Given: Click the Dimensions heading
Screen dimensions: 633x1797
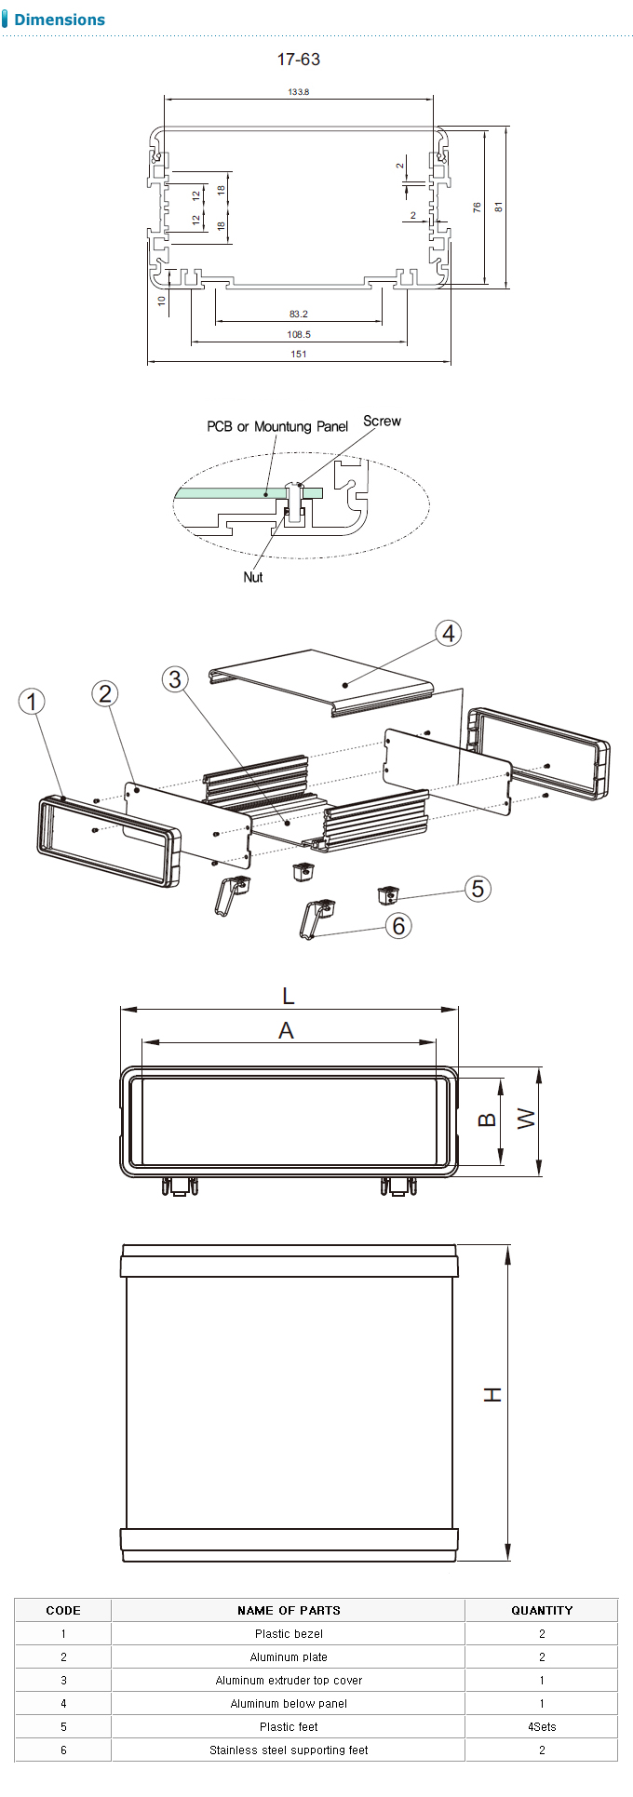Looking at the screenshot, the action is [x=60, y=20].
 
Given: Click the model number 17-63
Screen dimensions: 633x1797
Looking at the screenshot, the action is [x=299, y=60].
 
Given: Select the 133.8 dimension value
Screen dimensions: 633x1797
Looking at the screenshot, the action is [x=299, y=91].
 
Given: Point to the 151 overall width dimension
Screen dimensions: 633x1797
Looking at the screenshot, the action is [x=299, y=354].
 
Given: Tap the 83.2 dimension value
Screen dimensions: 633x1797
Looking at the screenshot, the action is [x=299, y=314].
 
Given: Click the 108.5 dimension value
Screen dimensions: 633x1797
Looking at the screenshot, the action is [x=299, y=334].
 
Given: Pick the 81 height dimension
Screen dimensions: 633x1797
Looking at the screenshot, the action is [x=499, y=207].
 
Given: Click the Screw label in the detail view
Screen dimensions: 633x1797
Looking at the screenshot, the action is [x=382, y=421].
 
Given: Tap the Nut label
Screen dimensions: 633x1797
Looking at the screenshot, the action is [x=253, y=577].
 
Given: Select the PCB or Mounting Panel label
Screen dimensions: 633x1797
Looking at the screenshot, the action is [x=277, y=426].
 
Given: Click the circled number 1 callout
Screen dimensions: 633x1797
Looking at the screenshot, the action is [x=33, y=702].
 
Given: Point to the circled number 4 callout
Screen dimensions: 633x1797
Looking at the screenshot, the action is [x=449, y=634].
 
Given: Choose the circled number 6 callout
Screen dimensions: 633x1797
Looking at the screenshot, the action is [x=398, y=926].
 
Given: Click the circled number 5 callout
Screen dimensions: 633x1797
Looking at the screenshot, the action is [x=478, y=889].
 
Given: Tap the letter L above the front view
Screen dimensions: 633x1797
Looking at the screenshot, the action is [x=289, y=997].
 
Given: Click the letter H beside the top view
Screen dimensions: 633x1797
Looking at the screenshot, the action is [x=492, y=1394].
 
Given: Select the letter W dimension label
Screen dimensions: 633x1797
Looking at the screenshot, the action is [x=527, y=1118].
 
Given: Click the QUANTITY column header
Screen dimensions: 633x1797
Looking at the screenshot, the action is [x=542, y=1610].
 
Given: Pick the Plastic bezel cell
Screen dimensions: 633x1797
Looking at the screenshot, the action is [x=289, y=1633].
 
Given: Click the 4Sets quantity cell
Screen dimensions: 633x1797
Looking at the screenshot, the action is [x=542, y=1726].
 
